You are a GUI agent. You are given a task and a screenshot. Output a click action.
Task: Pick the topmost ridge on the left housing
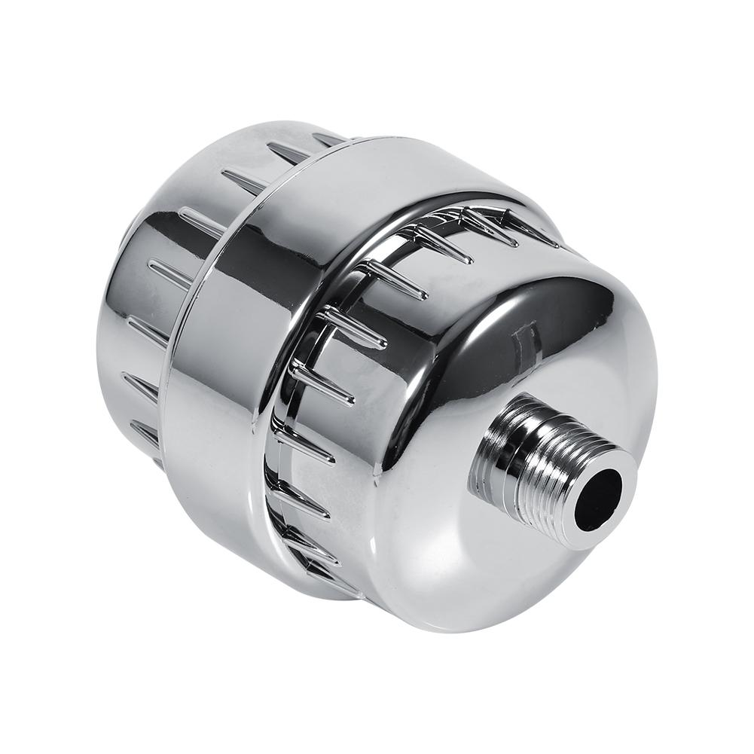tap(328, 139)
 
